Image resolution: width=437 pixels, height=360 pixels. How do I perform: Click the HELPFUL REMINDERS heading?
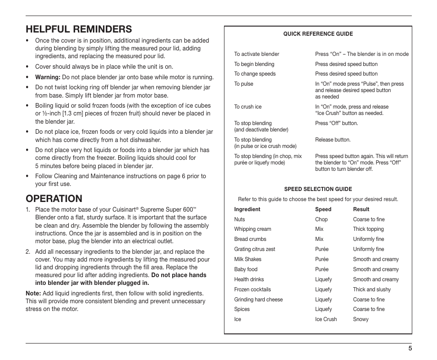[x=79, y=29]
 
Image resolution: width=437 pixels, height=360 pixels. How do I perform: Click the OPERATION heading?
[x=54, y=198]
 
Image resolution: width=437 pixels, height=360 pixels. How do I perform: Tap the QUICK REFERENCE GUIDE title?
[x=318, y=34]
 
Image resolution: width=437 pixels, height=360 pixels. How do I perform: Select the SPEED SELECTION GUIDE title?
[x=318, y=189]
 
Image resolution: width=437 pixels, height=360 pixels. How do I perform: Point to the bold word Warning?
[x=48, y=77]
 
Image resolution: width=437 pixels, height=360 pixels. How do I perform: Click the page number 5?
[x=410, y=348]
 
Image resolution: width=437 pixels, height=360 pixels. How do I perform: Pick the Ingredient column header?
[x=247, y=209]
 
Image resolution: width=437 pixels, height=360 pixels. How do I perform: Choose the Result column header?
[x=361, y=209]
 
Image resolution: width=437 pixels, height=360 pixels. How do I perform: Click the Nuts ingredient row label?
[x=240, y=219]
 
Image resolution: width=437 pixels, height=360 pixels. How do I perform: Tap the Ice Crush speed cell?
[x=326, y=319]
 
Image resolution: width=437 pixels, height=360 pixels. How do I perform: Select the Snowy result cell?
[x=361, y=319]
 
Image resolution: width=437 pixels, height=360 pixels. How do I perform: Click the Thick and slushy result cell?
[x=372, y=289]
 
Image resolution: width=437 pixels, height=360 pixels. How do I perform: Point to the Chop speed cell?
[x=321, y=219]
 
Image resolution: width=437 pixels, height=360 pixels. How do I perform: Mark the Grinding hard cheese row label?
[x=258, y=300]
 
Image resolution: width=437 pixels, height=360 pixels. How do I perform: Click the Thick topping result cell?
[x=368, y=229]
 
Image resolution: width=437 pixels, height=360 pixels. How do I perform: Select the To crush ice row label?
[x=248, y=107]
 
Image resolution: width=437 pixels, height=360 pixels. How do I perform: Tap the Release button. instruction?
[x=333, y=140]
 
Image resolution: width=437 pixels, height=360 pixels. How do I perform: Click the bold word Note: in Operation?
[x=33, y=293]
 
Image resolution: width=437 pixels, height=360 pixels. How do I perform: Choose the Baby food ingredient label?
[x=246, y=269]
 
